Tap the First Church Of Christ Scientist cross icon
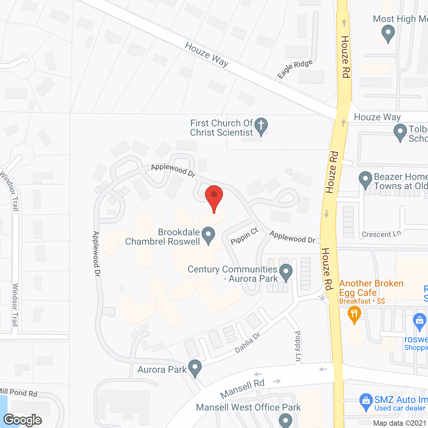click(261, 126)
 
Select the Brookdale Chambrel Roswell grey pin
click(209, 235)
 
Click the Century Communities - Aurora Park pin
click(286, 272)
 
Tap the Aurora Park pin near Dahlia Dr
click(195, 368)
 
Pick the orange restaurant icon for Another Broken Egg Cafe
click(354, 315)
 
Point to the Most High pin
click(388, 33)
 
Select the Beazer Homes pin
click(365, 180)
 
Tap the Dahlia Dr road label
click(247, 343)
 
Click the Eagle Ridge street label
click(295, 69)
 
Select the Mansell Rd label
click(242, 389)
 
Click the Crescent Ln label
click(381, 234)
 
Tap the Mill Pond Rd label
click(18, 392)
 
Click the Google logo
click(23, 420)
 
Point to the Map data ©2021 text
click(400, 423)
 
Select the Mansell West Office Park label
click(248, 407)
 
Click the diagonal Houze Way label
click(207, 54)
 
